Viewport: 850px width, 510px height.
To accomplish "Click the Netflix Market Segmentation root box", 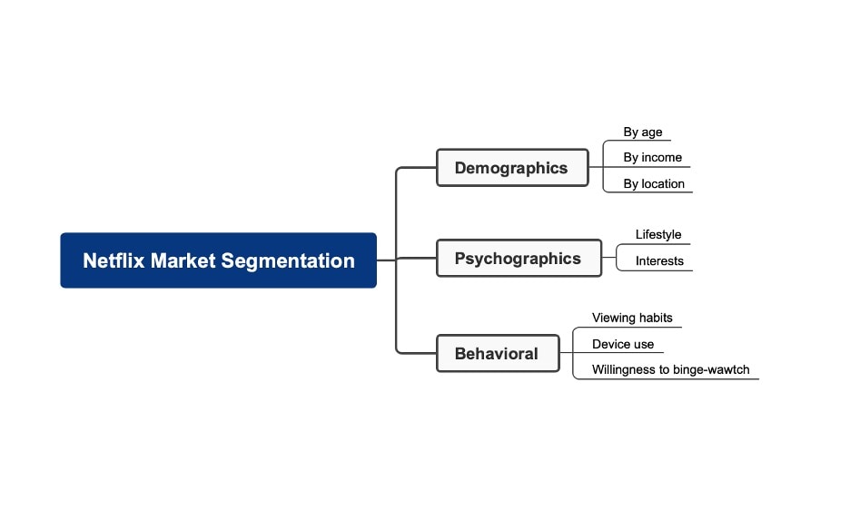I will point(218,260).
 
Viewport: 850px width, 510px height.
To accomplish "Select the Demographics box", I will point(512,168).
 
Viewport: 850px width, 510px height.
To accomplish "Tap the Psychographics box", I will point(519,259).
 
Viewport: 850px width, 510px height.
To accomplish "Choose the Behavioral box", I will point(497,354).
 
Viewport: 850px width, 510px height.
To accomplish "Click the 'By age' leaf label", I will point(643,132).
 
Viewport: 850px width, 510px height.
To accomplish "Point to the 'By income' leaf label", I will point(652,158).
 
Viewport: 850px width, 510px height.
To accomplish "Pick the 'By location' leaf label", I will point(654,184).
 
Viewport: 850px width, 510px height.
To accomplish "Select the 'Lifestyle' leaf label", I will point(658,235).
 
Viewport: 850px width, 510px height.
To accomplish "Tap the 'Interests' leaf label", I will point(659,261).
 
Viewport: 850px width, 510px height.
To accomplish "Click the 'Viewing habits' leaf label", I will point(632,319).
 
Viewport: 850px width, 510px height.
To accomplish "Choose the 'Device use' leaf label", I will point(623,345).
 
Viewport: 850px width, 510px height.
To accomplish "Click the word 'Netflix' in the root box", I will point(114,260).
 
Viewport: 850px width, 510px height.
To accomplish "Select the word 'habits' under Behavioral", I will point(654,319).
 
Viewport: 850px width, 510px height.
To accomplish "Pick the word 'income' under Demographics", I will point(662,158).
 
